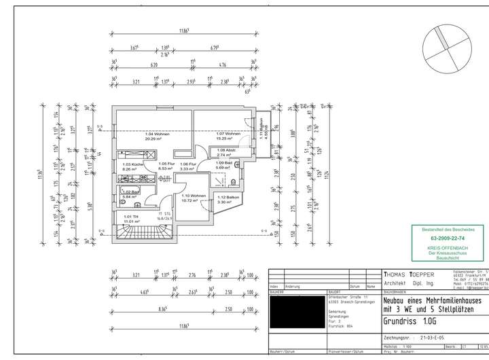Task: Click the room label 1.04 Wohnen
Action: point(157,134)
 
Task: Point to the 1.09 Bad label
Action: point(225,163)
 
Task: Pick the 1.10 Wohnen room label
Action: point(189,196)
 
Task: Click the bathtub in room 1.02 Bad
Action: point(127,191)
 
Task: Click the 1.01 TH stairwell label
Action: point(130,217)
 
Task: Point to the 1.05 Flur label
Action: point(166,164)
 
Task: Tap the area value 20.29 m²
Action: point(157,139)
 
